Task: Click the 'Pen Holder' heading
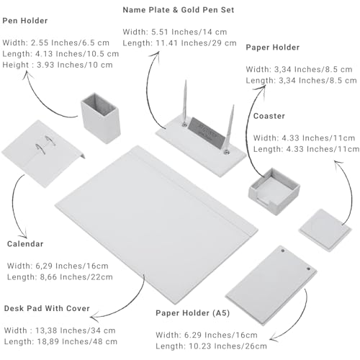[25, 21]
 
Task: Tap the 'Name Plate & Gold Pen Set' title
[179, 10]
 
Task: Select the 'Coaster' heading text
[269, 116]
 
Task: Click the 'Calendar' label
[25, 244]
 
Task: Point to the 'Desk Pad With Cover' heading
[47, 308]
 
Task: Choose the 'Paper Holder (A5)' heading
[193, 313]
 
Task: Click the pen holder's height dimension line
[58, 65]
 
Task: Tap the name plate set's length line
[179, 43]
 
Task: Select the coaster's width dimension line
[304, 138]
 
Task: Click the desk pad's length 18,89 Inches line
[60, 341]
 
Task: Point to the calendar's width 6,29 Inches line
[58, 266]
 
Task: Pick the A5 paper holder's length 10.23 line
[211, 346]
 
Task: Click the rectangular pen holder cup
[101, 118]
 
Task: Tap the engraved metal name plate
[207, 132]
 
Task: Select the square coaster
[325, 230]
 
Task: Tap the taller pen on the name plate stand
[185, 103]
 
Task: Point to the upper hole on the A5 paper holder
[283, 251]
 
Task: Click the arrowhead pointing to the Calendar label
[24, 234]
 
